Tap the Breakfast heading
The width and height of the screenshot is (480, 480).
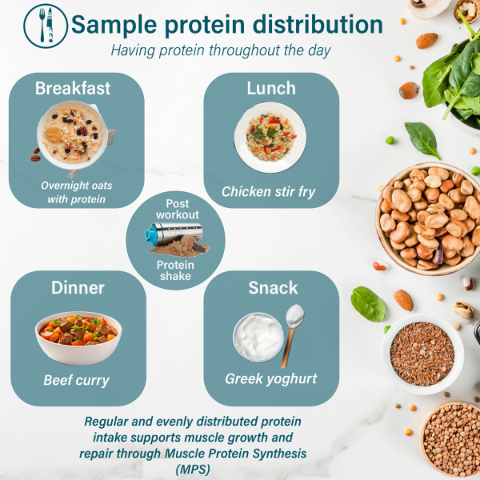pyautogui.click(x=73, y=88)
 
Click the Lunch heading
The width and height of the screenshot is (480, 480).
pyautogui.click(x=270, y=88)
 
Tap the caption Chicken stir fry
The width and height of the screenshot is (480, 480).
pyautogui.click(x=270, y=192)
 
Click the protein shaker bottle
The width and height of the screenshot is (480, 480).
pyautogui.click(x=170, y=238)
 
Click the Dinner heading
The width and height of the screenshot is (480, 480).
pyautogui.click(x=78, y=287)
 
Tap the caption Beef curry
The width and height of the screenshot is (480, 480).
pyautogui.click(x=77, y=381)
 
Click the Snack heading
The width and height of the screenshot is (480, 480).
pyautogui.click(x=272, y=287)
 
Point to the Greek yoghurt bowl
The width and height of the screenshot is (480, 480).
pyautogui.click(x=257, y=337)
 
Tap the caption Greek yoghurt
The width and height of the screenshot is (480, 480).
pyautogui.click(x=271, y=379)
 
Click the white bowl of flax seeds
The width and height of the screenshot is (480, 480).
pyautogui.click(x=422, y=353)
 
